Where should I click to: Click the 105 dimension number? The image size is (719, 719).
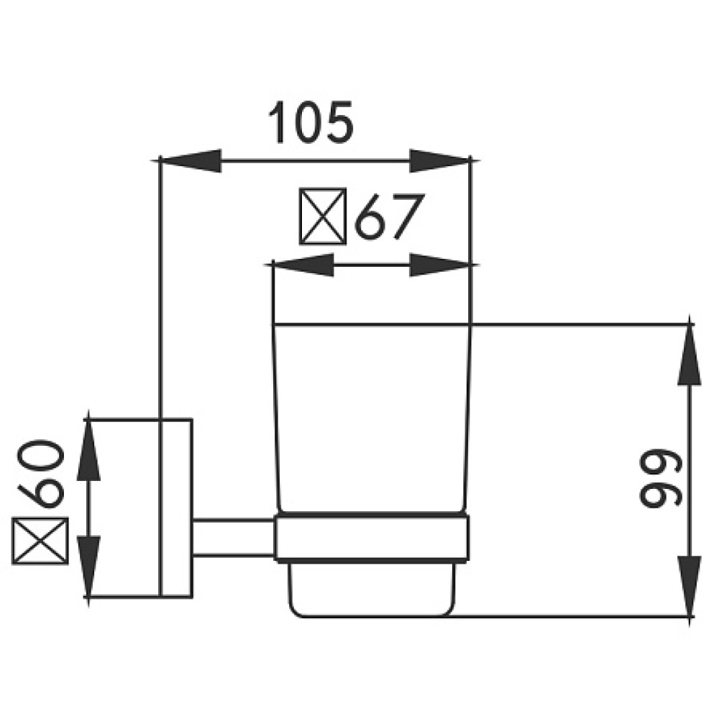311,122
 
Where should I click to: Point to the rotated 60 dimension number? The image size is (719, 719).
41,474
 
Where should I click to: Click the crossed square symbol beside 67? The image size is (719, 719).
323,216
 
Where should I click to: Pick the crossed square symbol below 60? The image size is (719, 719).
40,541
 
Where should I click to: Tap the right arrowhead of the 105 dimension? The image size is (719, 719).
440,160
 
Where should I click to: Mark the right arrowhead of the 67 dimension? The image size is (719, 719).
440,265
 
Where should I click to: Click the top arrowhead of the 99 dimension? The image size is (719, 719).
690,354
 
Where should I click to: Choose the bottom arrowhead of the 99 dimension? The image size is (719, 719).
690,586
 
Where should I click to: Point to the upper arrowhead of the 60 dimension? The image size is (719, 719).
88,450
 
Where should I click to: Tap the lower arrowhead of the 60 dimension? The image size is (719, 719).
88,566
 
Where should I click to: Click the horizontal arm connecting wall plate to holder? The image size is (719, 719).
234,537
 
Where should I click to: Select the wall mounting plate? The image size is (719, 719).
176,508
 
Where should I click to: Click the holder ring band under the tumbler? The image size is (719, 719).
372,537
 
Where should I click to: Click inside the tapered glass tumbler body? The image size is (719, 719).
372,417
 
